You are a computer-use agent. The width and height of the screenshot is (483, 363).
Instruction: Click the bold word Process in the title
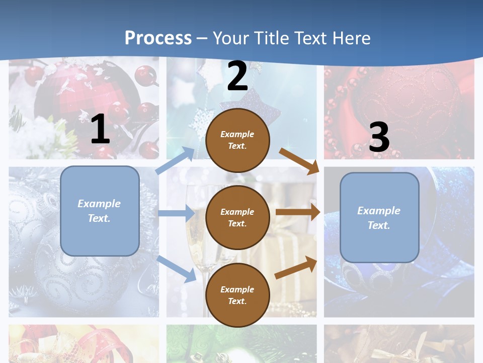click(x=158, y=38)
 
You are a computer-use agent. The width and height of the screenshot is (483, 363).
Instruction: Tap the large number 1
click(x=100, y=129)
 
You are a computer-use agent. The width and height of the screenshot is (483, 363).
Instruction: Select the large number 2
click(x=237, y=76)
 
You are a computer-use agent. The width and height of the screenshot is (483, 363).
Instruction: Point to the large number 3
click(x=379, y=137)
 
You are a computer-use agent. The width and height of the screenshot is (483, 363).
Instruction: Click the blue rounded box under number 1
click(x=100, y=211)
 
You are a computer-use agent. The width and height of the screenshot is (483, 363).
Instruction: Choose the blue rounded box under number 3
click(x=379, y=218)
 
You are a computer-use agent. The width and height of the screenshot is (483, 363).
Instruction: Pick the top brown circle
click(x=237, y=140)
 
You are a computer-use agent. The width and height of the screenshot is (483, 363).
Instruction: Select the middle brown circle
click(x=237, y=217)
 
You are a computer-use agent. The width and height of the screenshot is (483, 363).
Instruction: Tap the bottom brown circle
click(x=237, y=295)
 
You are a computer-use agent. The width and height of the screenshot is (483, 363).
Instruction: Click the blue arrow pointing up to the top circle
click(x=176, y=161)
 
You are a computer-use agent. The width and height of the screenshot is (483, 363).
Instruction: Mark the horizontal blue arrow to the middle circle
click(x=176, y=214)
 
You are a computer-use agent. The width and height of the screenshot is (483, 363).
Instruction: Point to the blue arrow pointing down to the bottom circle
click(x=177, y=269)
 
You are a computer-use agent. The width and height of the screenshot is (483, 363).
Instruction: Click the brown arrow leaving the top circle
click(x=299, y=161)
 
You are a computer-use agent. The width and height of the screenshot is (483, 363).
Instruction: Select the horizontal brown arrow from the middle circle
click(x=298, y=212)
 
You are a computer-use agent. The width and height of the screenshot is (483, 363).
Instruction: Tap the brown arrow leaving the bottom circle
click(x=296, y=268)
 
